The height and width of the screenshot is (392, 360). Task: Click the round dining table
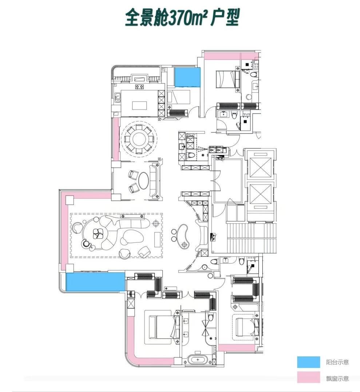pyautogui.click(x=139, y=139)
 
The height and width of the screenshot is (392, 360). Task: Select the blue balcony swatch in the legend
pyautogui.click(x=309, y=362)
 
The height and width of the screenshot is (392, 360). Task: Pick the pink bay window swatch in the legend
pyautogui.click(x=309, y=377)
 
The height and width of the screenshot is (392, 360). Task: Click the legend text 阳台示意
pyautogui.click(x=337, y=362)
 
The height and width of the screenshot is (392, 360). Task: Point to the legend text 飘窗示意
pyautogui.click(x=337, y=379)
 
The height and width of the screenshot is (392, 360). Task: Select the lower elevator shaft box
pyautogui.click(x=260, y=194)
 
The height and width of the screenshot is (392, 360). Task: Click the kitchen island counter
pyautogui.click(x=140, y=105)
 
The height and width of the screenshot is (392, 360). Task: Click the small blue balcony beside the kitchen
pyautogui.click(x=187, y=77)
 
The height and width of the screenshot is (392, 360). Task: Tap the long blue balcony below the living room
pyautogui.click(x=95, y=282)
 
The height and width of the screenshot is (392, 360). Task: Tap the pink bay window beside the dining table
pyautogui.click(x=116, y=139)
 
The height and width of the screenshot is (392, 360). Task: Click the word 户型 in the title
pyautogui.click(x=225, y=17)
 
